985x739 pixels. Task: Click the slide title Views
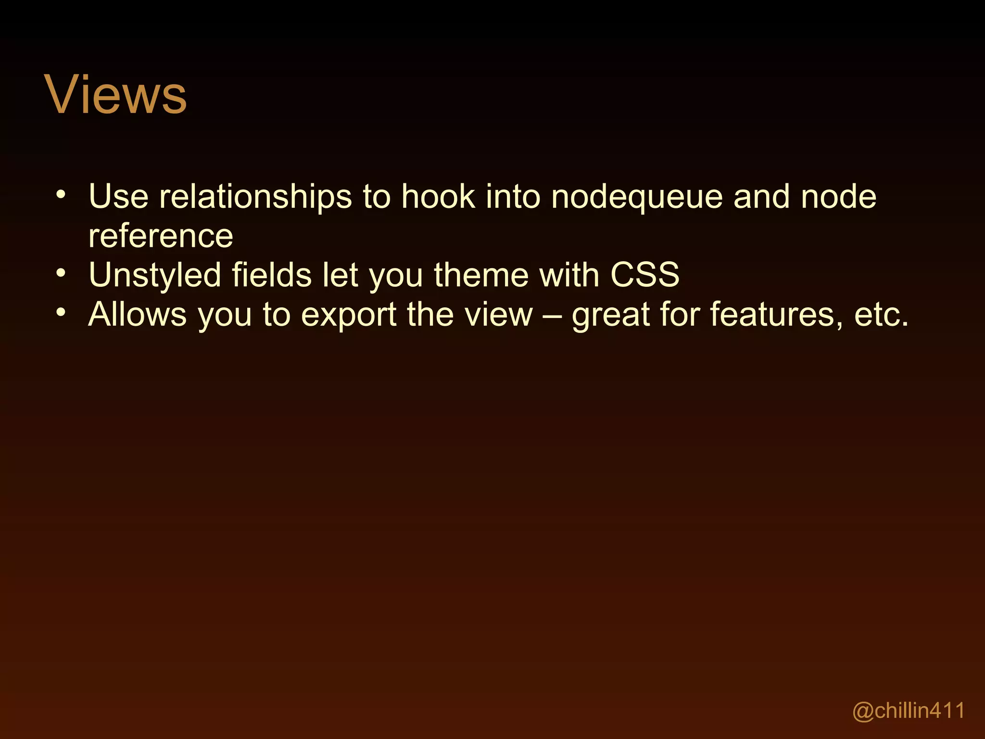tap(115, 95)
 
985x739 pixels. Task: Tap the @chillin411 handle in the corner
tap(909, 711)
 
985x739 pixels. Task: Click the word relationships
tap(255, 197)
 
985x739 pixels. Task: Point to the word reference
tap(161, 236)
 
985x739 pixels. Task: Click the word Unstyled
tap(154, 276)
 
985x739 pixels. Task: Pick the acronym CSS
tap(644, 275)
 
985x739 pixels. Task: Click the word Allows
tap(138, 315)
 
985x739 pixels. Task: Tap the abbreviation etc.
tap(881, 315)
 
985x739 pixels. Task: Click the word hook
tap(438, 197)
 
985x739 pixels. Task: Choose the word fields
tap(272, 275)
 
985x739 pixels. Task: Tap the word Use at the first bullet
tap(119, 197)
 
